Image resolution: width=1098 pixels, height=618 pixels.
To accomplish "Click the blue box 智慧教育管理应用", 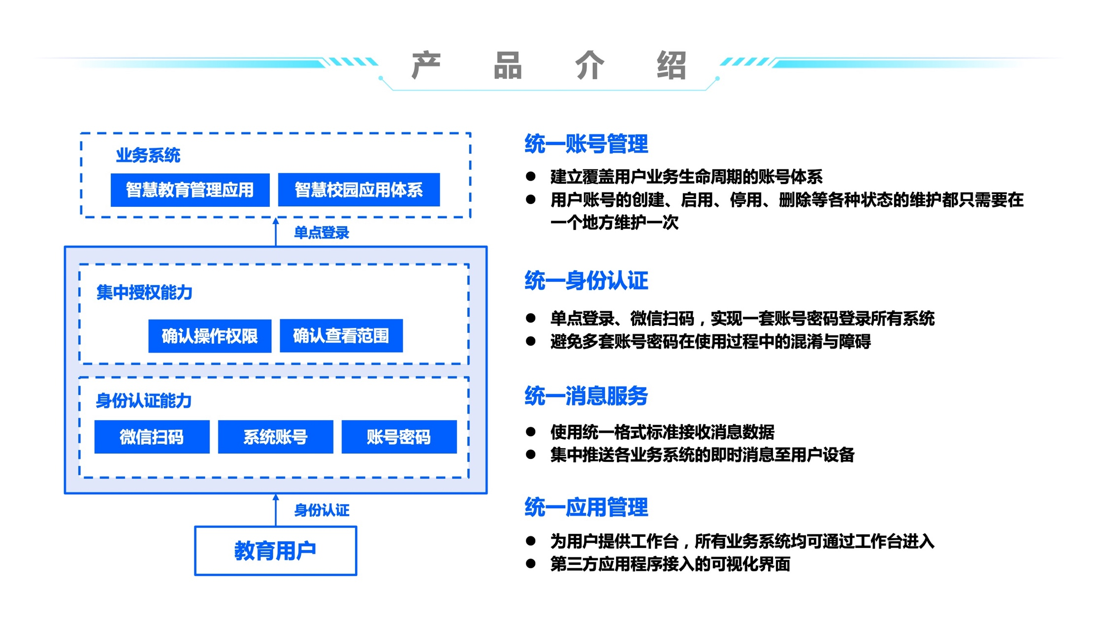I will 190,190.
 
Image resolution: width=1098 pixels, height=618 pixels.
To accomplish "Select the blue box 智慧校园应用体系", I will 358,190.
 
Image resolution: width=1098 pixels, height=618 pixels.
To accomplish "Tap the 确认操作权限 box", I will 210,336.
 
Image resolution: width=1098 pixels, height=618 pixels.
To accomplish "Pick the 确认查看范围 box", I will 341,336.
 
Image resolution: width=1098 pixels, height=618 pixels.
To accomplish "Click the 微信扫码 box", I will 152,437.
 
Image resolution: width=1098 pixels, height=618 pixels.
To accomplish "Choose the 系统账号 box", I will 275,437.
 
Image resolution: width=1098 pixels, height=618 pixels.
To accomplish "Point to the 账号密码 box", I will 399,437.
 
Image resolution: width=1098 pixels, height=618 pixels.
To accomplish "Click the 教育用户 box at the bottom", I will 275,551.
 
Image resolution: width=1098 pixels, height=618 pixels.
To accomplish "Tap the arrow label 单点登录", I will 321,232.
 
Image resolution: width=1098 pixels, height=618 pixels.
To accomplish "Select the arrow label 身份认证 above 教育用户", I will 322,510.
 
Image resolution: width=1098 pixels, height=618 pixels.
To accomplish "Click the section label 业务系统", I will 148,156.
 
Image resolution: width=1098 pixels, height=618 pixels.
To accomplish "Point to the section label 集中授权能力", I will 144,293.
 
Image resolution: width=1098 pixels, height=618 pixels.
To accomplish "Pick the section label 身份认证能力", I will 143,401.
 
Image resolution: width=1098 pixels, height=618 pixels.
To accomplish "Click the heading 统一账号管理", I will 586,144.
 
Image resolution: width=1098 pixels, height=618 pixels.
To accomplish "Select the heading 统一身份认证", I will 586,281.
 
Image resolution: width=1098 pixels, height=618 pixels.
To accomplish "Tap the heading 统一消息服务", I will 586,396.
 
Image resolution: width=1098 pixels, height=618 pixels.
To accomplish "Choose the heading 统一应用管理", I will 586,507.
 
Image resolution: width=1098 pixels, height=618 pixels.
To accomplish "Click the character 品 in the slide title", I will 508,65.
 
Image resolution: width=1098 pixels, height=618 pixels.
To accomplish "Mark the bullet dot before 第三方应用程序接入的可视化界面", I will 530,563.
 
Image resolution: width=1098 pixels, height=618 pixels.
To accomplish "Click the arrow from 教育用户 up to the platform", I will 276,510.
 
